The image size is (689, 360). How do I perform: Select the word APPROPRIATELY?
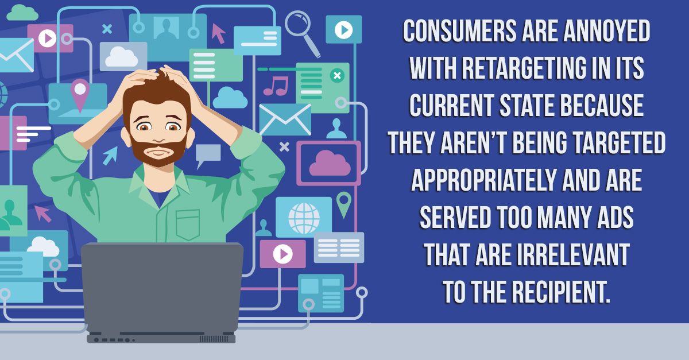484,180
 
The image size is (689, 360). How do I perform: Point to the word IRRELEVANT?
574,254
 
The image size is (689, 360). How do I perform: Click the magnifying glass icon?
303,33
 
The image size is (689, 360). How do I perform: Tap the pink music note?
276,86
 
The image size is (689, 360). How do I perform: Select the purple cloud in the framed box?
330,163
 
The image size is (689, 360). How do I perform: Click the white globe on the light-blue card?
304,218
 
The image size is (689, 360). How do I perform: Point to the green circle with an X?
337,75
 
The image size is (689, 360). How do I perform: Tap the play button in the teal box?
343,30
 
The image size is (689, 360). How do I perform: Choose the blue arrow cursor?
110,155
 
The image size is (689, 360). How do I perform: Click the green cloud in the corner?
22,13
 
